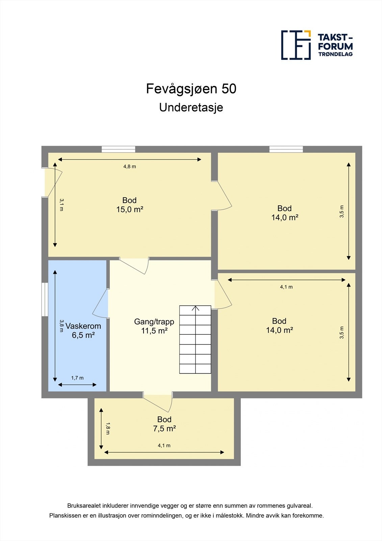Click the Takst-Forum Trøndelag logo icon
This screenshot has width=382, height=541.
[296, 45]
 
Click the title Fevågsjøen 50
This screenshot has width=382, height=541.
[191, 89]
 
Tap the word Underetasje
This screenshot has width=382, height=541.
[191, 108]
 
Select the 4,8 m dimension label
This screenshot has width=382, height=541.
[130, 166]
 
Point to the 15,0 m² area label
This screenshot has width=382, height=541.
[130, 210]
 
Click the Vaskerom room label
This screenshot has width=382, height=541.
[83, 326]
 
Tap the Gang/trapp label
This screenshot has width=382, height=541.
[154, 322]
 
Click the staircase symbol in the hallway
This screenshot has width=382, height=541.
[195, 339]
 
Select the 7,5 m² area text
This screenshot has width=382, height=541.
[164, 429]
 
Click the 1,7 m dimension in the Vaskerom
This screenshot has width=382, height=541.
[77, 378]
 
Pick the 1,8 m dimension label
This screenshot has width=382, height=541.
[108, 428]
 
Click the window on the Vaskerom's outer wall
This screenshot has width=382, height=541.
[45, 300]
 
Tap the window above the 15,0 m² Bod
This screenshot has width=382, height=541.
[119, 149]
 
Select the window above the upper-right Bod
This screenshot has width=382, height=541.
[286, 149]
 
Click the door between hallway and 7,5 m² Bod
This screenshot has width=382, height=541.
[158, 402]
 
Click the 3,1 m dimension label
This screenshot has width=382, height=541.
[61, 205]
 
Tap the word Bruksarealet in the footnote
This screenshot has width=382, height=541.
[83, 506]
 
